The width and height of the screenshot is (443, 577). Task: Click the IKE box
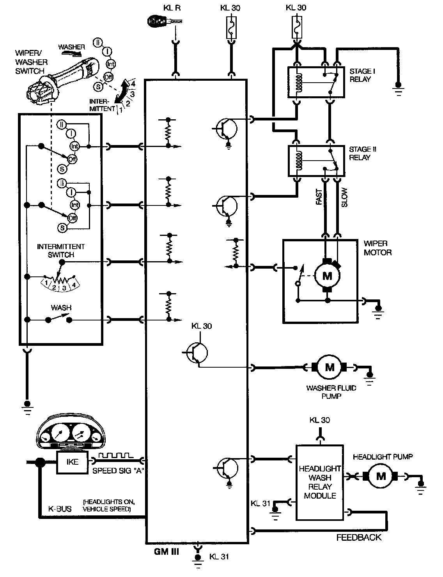click(73, 462)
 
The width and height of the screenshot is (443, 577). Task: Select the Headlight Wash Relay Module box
click(320, 482)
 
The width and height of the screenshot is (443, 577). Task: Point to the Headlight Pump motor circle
click(381, 476)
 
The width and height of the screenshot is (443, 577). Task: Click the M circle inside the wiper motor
click(327, 276)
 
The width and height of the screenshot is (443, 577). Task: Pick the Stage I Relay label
click(360, 75)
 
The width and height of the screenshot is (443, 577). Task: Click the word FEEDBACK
click(359, 538)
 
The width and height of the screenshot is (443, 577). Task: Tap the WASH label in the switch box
click(61, 308)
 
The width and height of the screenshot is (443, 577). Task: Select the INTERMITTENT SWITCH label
click(61, 251)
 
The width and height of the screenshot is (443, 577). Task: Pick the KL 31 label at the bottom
click(219, 556)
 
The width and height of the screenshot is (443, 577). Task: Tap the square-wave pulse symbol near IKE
click(116, 455)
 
